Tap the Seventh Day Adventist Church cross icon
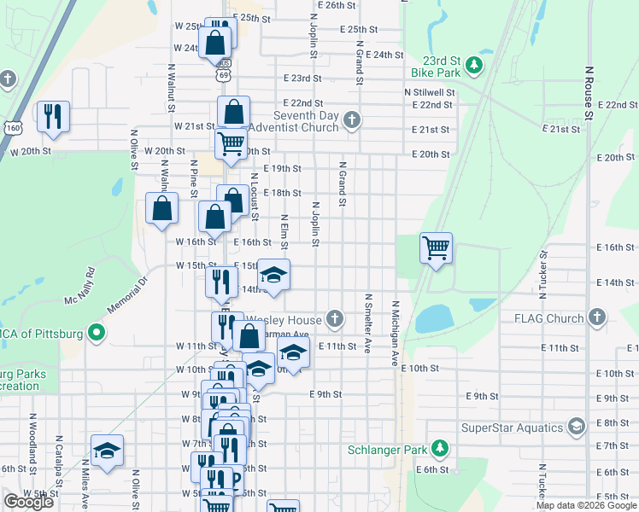point(351,121)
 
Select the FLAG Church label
point(548,319)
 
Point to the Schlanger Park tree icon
point(440,449)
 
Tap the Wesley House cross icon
point(334,320)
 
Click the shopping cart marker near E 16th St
point(437,248)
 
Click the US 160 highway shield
point(13,127)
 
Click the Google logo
point(28,502)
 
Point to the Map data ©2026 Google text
point(585,505)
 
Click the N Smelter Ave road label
point(368,324)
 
